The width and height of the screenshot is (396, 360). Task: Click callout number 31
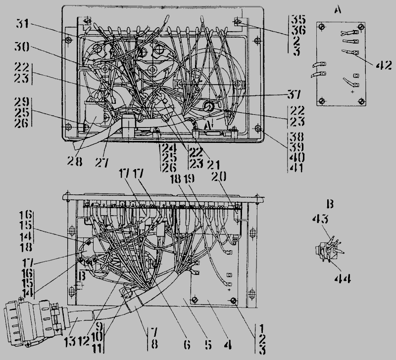22,24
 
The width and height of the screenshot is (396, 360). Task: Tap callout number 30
22,47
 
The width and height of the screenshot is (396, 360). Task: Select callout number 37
294,94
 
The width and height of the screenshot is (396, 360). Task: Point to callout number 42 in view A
384,65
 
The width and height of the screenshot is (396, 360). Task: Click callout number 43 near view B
320,219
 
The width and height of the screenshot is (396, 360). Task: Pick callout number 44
343,279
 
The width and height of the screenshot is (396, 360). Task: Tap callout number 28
75,161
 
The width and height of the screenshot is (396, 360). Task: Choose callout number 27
102,163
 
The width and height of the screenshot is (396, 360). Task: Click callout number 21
213,165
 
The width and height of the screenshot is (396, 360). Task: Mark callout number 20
219,177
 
